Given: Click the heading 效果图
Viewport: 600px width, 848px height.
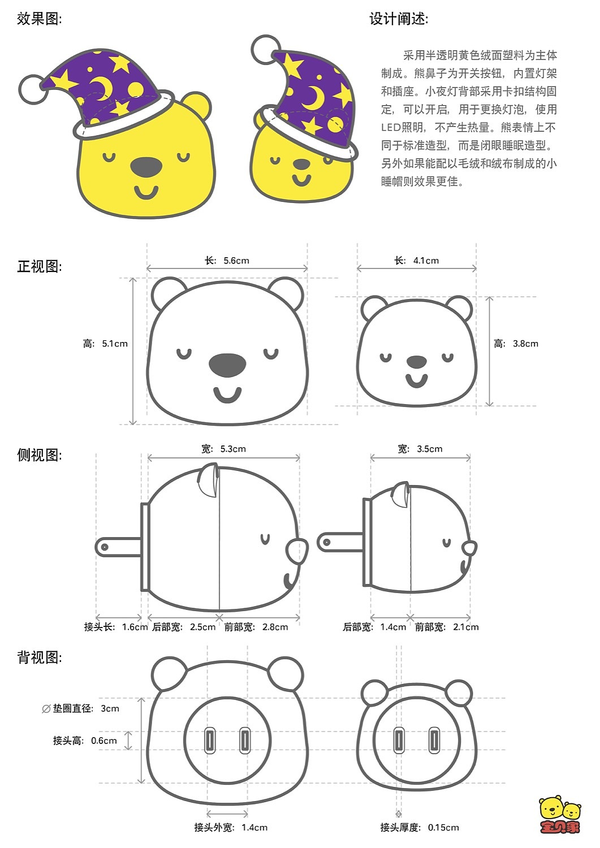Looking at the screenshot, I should [39, 19].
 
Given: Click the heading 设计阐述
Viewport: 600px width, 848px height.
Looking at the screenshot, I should [399, 19].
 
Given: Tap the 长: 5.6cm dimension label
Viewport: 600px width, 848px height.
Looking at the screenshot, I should [227, 261].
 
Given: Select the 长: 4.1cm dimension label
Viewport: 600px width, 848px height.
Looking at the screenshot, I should [417, 261].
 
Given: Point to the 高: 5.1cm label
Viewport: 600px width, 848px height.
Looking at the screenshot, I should [105, 344].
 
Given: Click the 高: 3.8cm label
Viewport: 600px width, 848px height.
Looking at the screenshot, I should [516, 344].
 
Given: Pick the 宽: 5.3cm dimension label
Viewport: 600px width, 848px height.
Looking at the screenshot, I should [223, 449].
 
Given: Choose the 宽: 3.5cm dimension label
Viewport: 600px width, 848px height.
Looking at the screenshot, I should [420, 449].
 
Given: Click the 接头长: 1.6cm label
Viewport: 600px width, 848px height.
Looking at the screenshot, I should [115, 627].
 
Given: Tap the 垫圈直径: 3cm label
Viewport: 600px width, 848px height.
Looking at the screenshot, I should [81, 708].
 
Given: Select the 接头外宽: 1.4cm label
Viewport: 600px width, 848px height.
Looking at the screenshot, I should [231, 828].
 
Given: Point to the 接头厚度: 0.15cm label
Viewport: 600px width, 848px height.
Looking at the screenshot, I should [419, 828].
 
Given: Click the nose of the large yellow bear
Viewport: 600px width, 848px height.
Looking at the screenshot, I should [146, 167].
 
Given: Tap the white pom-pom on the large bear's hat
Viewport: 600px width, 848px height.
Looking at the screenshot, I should [33, 89].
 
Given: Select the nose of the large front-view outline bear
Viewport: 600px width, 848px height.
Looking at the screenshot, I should [227, 365].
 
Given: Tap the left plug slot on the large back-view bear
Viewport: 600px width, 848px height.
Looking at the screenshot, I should [210, 741].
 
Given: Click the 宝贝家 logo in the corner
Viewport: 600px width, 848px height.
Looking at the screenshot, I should [560, 815].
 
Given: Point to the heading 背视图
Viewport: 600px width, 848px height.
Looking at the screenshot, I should [39, 657].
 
